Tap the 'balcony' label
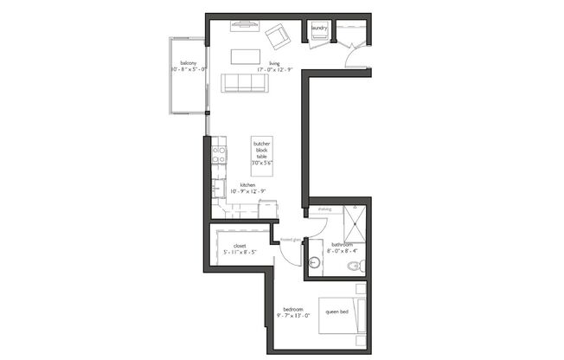[x=188, y=63]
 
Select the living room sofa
[x=244, y=83]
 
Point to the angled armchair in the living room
[x=278, y=36]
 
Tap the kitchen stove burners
[x=219, y=155]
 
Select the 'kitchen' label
[x=247, y=185]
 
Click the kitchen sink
[x=218, y=189]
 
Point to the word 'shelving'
[x=324, y=209]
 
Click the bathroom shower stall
[x=355, y=224]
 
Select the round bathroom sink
[x=315, y=261]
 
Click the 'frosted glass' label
[x=291, y=240]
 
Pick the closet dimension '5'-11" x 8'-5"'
[x=240, y=253]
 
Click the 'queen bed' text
[x=336, y=312]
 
